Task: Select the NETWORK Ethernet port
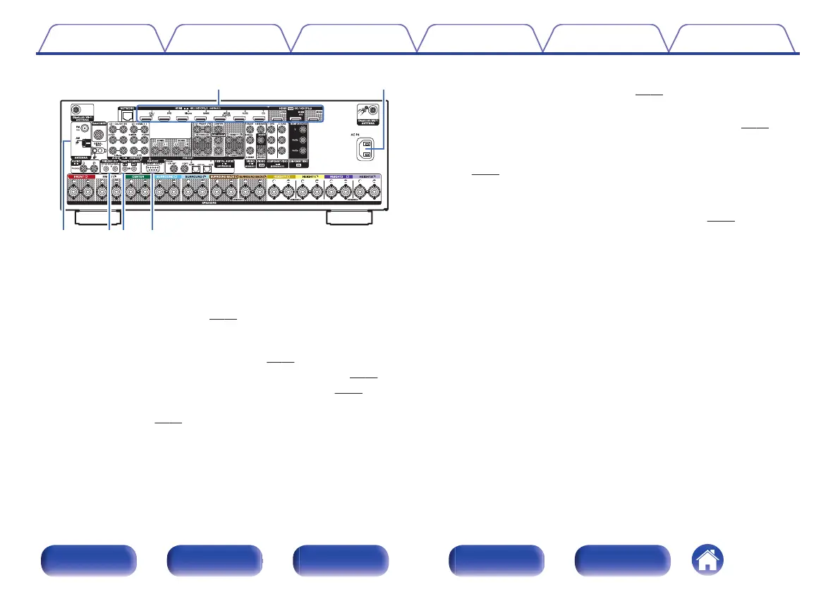pyautogui.click(x=127, y=115)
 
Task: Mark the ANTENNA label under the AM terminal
pyautogui.click(x=78, y=158)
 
